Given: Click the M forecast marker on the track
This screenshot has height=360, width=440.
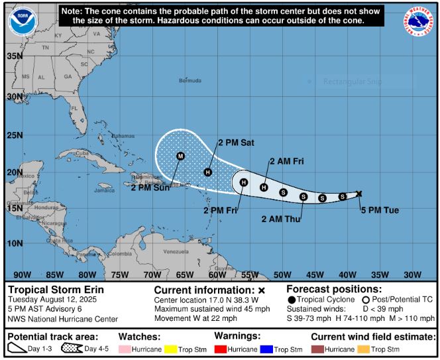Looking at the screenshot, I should (x=180, y=156).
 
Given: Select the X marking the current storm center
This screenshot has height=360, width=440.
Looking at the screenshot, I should (x=359, y=194).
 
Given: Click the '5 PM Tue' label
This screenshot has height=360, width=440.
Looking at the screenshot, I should (x=380, y=210).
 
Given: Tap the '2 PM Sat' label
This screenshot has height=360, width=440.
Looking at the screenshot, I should (x=237, y=142).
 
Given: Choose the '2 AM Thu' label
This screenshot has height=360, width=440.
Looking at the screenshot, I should (x=280, y=219).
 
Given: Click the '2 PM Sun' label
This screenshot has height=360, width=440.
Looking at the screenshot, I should (x=149, y=188).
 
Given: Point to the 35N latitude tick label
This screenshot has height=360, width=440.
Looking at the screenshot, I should (x=15, y=56).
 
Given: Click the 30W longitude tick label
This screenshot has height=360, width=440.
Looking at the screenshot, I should (x=412, y=275).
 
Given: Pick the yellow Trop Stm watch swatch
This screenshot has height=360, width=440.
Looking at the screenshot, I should (x=173, y=349).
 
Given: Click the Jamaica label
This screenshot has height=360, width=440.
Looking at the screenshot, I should (x=104, y=190).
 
